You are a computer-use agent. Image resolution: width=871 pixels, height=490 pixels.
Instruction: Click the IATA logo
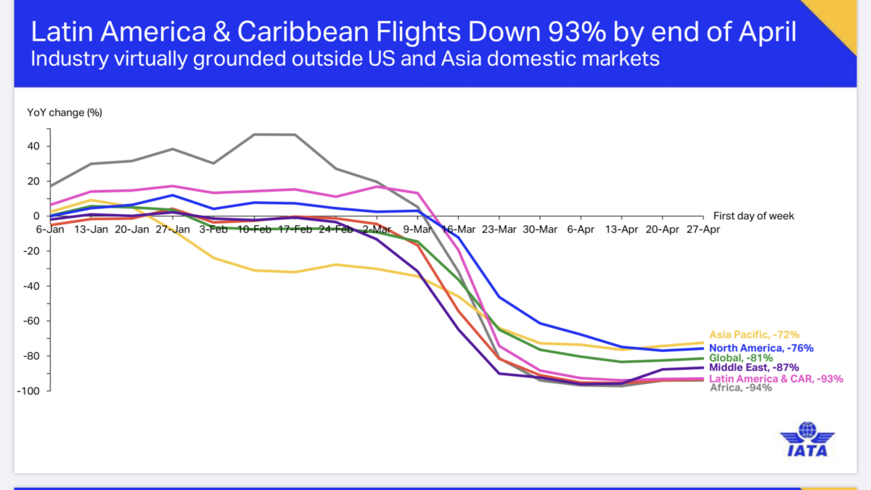pyautogui.click(x=807, y=440)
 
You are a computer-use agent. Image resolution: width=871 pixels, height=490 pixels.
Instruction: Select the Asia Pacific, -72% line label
pyautogui.click(x=754, y=335)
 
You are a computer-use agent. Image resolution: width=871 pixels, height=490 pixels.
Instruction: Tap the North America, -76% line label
pyautogui.click(x=761, y=348)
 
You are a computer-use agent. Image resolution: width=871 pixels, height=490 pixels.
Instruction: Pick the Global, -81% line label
pyautogui.click(x=741, y=358)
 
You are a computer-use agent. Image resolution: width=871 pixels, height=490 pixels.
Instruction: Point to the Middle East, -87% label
pyautogui.click(x=753, y=368)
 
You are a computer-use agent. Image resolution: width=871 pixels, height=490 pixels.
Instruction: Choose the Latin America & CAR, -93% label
pyautogui.click(x=776, y=379)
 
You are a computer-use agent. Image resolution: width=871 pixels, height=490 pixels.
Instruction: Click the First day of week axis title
pyautogui.click(x=753, y=216)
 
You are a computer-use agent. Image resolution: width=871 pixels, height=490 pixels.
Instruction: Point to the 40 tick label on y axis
pyautogui.click(x=34, y=146)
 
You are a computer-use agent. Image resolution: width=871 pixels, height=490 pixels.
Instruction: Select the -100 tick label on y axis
pyautogui.click(x=29, y=391)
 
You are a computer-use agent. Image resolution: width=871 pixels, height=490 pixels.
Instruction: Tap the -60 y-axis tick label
pyautogui.click(x=32, y=321)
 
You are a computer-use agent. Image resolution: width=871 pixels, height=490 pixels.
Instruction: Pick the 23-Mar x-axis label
pyautogui.click(x=499, y=229)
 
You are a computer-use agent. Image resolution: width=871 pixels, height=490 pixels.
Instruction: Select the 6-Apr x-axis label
pyautogui.click(x=581, y=229)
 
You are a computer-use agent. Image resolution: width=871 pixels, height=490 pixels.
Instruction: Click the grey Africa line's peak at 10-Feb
pyautogui.click(x=254, y=134)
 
